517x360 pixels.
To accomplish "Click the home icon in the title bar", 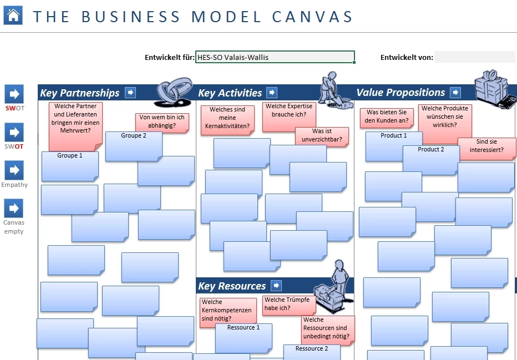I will click(13, 15).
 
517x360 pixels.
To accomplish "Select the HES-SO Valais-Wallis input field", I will click(275, 57).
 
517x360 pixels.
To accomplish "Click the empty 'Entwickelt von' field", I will click(474, 57).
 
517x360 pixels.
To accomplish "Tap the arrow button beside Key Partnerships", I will click(130, 93).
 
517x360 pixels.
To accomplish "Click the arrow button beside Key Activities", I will click(272, 93).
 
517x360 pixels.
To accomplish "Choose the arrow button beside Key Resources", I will click(276, 286).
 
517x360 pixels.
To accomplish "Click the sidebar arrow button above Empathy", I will click(14, 170).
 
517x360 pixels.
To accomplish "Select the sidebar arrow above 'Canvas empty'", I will click(14, 208).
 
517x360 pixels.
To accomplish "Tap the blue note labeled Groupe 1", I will click(69, 166).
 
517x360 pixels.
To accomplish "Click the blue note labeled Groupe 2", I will click(133, 146).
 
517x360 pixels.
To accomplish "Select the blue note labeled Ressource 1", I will click(244, 338).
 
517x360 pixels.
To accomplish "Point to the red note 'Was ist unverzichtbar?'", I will click(322, 136).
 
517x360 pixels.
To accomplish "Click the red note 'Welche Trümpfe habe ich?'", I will click(288, 305).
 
